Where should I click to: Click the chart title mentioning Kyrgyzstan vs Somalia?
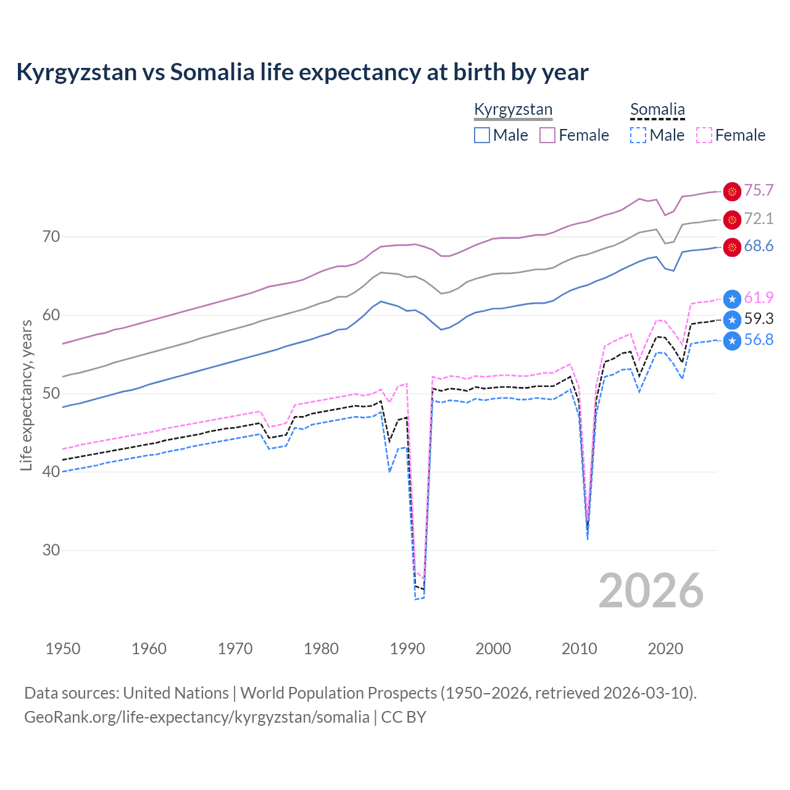[302, 72]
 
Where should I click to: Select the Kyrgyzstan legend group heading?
[513, 110]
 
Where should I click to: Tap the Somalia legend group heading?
[657, 110]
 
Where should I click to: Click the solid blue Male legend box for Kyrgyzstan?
[482, 135]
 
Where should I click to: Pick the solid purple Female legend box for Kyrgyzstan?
[547, 135]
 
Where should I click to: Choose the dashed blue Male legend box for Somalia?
[638, 135]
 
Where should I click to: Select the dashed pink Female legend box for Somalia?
[704, 135]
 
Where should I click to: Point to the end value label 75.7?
[759, 191]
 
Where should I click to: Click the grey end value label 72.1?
[759, 219]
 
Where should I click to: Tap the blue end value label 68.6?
[759, 246]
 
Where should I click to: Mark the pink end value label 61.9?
[759, 298]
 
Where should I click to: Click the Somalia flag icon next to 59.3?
[732, 319]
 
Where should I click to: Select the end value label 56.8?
[759, 340]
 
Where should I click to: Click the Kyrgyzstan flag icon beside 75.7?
[732, 192]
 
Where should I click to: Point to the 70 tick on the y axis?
[51, 236]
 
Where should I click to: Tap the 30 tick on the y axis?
[51, 550]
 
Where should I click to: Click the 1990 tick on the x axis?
[407, 649]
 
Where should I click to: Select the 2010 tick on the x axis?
[580, 649]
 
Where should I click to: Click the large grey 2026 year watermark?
[651, 591]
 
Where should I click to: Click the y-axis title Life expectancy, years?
[26, 395]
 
